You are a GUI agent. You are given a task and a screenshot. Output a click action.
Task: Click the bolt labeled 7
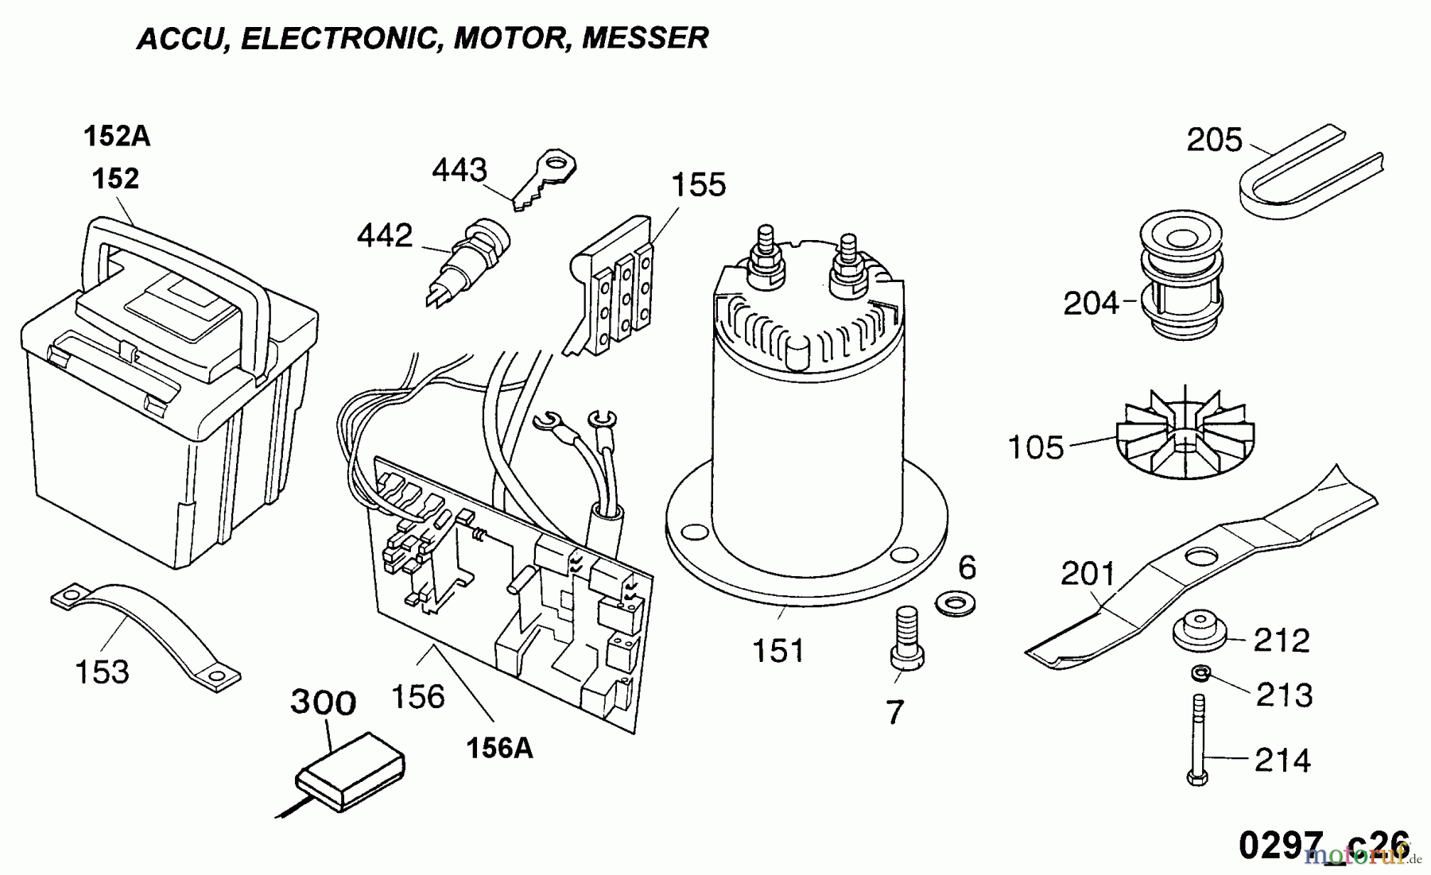(x=907, y=641)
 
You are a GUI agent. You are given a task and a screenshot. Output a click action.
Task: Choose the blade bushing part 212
(x=1200, y=634)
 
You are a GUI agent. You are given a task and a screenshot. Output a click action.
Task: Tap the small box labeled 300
(x=351, y=768)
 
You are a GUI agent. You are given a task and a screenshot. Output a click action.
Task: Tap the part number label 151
(x=778, y=652)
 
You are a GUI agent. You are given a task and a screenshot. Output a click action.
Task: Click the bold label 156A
(x=499, y=748)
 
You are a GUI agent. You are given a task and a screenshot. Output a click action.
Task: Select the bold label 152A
(x=117, y=137)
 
